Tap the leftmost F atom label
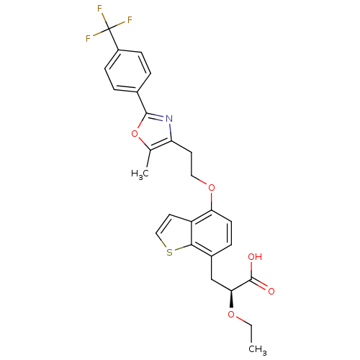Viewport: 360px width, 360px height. (x=88, y=39)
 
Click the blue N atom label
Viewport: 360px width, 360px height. (x=169, y=118)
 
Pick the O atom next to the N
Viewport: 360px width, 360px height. (x=134, y=132)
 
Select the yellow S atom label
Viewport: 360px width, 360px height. (x=169, y=252)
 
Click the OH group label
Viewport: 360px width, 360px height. (x=255, y=257)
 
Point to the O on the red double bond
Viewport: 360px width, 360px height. (x=271, y=291)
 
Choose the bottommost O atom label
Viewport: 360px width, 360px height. (x=231, y=315)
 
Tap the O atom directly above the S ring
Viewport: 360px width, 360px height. (x=211, y=188)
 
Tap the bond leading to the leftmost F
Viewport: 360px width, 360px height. (x=98, y=34)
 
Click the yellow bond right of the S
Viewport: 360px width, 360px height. (x=179, y=248)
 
